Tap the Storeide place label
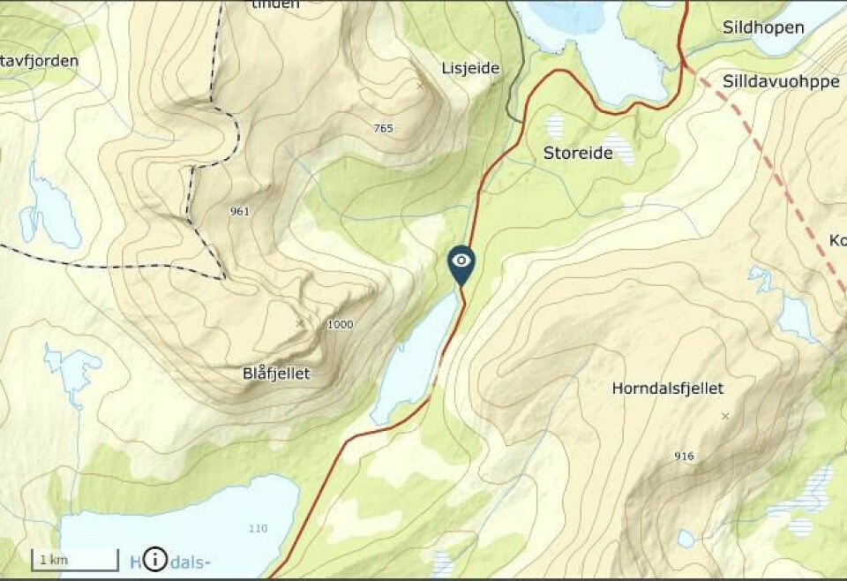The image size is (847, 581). (x=577, y=153)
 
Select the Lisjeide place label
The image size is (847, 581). (x=470, y=68)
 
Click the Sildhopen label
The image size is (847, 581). (x=763, y=27)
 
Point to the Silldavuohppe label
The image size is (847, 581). (x=780, y=81)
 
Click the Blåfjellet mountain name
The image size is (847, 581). (x=276, y=373)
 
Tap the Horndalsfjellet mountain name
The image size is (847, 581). (x=667, y=388)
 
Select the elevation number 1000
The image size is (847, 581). (x=340, y=324)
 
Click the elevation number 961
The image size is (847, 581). (x=239, y=211)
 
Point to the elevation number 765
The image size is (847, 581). (x=383, y=128)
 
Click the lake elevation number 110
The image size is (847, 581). (x=258, y=528)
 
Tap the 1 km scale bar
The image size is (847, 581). (x=75, y=559)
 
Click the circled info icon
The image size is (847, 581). (x=154, y=559)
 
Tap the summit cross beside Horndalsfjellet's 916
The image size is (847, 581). (x=725, y=415)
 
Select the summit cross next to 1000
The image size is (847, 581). (x=301, y=323)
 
